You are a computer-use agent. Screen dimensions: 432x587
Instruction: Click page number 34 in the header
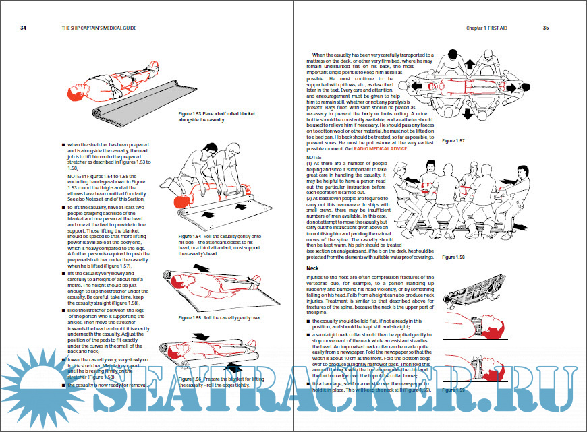coord(23,28)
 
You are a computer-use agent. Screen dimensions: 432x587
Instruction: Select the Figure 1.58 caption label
coord(453,257)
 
